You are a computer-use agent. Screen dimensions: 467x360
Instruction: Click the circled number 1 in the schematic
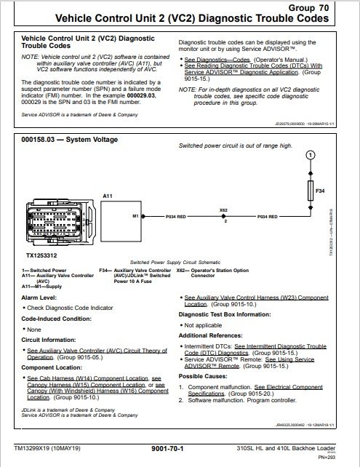pyautogui.click(x=311, y=155)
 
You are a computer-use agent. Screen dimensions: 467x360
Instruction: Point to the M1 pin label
pyautogui.click(x=135, y=216)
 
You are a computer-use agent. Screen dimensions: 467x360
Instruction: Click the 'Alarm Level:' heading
pyautogui.click(x=41, y=298)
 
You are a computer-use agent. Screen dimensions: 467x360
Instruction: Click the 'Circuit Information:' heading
pyautogui.click(x=50, y=340)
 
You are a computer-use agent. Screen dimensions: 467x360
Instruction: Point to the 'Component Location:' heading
pyautogui.click(x=53, y=367)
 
